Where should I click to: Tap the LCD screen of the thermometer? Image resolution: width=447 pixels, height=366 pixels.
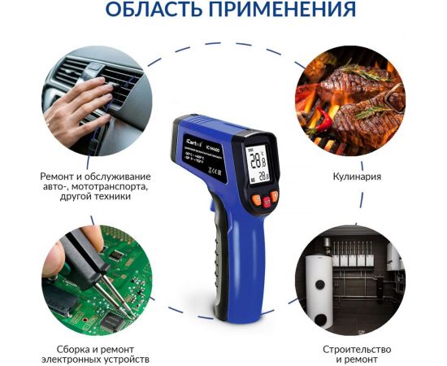[x=258, y=165]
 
